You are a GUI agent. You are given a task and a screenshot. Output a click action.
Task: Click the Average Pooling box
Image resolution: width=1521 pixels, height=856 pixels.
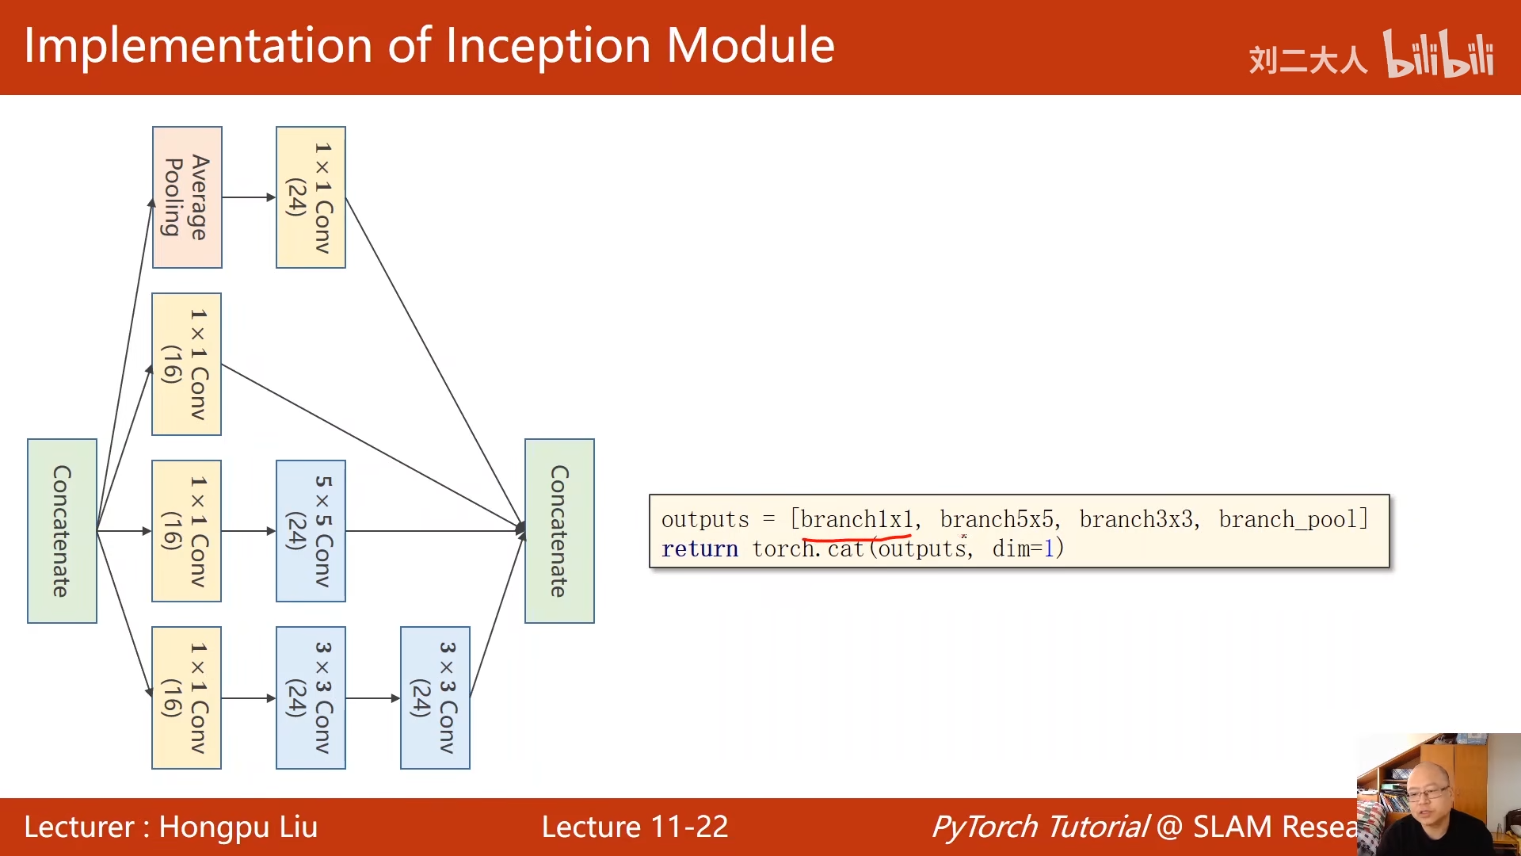[x=187, y=197]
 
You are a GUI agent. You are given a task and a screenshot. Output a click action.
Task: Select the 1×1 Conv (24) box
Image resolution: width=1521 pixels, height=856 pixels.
[x=311, y=197]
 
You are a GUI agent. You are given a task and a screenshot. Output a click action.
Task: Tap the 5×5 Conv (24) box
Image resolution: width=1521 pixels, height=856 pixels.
[x=311, y=531]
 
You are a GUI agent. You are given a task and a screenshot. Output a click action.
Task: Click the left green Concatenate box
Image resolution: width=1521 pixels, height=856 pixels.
[x=62, y=531]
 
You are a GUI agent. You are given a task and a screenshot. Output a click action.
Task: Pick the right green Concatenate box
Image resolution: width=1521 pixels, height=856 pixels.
[x=559, y=531]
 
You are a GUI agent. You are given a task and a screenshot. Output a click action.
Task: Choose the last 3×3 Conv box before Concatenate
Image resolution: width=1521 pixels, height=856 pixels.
[x=435, y=697]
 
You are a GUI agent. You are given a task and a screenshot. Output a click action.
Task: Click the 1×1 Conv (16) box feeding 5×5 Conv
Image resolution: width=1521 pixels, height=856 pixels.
[x=186, y=531]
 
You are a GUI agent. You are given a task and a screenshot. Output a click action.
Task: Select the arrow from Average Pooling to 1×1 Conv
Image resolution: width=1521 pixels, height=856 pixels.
[x=249, y=197]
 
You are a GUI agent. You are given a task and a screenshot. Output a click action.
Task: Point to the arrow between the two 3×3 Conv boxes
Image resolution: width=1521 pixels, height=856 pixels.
[x=373, y=698]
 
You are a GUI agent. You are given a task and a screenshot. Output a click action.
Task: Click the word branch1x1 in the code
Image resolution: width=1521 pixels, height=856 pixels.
[x=856, y=520]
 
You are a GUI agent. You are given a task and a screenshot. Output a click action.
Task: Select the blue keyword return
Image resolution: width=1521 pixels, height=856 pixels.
[x=700, y=549]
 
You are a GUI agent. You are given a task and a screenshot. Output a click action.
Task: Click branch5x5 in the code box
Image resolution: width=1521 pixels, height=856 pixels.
[x=997, y=520]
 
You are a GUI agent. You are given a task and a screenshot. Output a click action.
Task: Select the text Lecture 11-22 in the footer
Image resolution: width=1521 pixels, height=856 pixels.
[x=635, y=827]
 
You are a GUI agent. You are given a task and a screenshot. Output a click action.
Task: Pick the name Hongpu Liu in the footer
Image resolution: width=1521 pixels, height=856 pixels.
[x=238, y=827]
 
